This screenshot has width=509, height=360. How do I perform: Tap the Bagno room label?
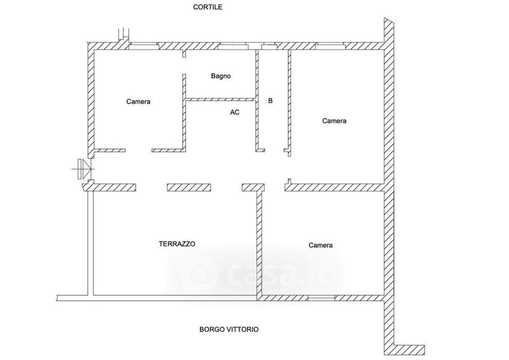pos(221,76)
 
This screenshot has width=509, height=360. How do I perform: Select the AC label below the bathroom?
pos(235,112)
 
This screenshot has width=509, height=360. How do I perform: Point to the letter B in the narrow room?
pos(270,100)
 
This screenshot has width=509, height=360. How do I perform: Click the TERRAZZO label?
pos(177,244)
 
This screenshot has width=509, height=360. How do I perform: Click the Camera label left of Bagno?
pos(138,101)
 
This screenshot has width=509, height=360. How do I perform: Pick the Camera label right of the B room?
pos(334,120)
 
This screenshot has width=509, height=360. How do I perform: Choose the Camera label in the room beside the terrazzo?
pos(321,245)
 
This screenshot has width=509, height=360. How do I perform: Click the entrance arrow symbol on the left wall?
pos(83,169)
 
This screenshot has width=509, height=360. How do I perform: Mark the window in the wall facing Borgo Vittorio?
pos(322,297)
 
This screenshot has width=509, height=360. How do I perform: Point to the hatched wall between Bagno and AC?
pos(220,99)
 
